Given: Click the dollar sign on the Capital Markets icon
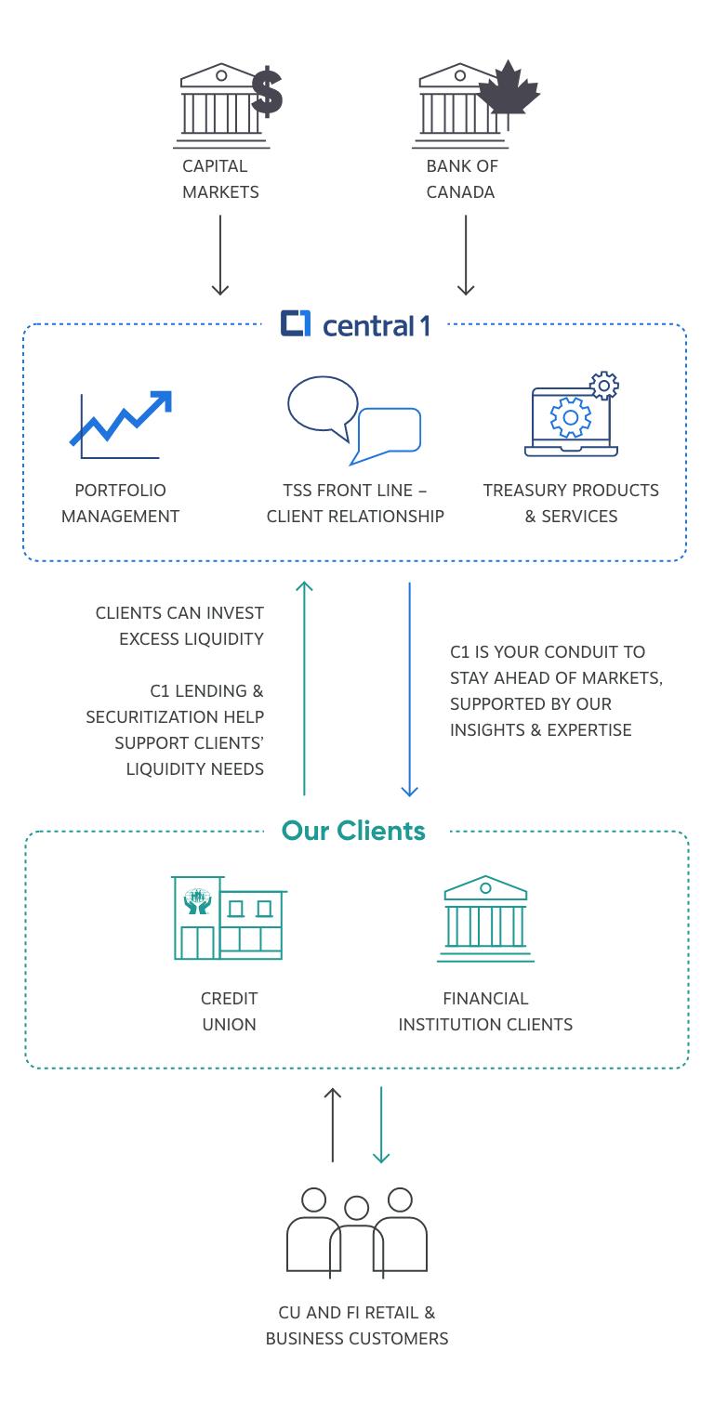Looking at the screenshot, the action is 267,92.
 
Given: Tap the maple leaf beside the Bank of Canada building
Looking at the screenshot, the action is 509,90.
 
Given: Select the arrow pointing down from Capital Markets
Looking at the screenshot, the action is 220,255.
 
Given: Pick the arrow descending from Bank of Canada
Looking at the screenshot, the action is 466,255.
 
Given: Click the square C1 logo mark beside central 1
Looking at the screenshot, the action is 296,323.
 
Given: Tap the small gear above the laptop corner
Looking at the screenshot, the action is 604,385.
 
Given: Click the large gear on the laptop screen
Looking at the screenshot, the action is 571,417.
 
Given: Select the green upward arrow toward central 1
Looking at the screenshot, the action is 304,688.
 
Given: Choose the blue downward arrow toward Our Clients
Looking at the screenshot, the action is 410,689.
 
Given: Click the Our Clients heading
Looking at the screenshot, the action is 353,831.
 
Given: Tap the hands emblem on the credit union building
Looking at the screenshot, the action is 197,901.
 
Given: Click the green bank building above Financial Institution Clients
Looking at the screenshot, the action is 485,919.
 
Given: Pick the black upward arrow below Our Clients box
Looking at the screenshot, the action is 333,1124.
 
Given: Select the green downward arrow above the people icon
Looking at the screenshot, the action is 381,1124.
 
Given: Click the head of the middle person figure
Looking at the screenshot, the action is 357,1207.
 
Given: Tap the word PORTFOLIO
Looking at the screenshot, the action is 120,490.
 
